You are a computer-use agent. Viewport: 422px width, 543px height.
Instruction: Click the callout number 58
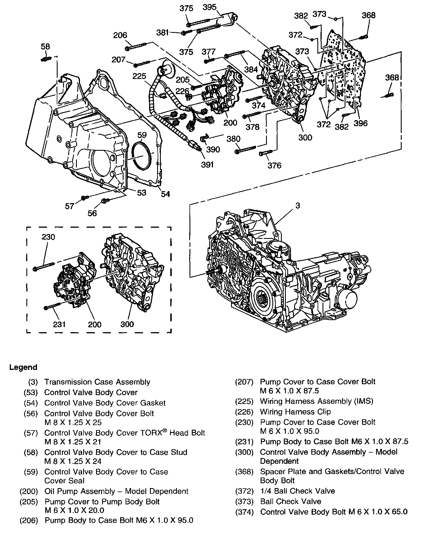(46, 47)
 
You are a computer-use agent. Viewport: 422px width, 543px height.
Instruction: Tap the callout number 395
(209, 7)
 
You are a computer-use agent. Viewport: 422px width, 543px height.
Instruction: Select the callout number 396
(361, 123)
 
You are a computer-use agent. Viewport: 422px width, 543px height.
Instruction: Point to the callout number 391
(207, 165)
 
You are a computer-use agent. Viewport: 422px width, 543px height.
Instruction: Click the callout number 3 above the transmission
(298, 205)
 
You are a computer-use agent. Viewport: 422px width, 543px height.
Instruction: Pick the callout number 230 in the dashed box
(48, 237)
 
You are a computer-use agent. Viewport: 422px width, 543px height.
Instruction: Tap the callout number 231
(59, 324)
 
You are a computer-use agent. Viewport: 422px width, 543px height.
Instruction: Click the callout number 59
(142, 135)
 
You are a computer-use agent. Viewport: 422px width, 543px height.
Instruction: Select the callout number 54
(165, 194)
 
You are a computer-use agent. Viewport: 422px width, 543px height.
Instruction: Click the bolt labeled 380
(245, 150)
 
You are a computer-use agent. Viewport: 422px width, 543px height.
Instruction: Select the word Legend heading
(24, 367)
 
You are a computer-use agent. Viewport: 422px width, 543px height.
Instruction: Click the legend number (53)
(31, 392)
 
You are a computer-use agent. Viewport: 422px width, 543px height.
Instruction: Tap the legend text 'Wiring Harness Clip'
(295, 412)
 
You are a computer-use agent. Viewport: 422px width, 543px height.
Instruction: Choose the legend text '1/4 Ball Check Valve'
(298, 491)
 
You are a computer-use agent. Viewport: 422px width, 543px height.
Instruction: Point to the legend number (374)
(244, 512)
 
